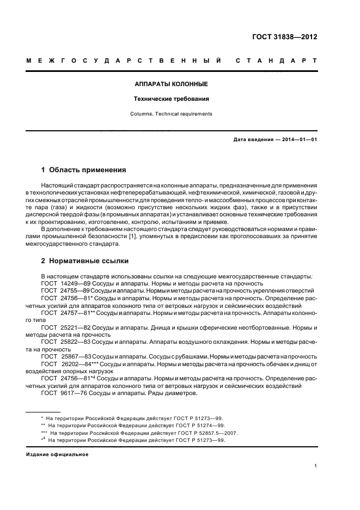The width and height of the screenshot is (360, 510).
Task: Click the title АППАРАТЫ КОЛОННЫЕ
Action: point(172,84)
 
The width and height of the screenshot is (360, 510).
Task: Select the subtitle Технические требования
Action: point(172,99)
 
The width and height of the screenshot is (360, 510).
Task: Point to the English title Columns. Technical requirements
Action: point(172,114)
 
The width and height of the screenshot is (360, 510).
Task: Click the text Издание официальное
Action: point(57,454)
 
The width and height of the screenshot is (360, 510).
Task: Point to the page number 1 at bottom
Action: point(316,466)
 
